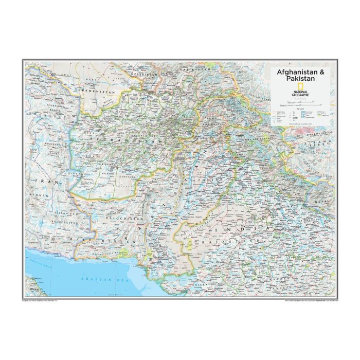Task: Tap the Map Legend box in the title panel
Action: click(303, 114)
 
